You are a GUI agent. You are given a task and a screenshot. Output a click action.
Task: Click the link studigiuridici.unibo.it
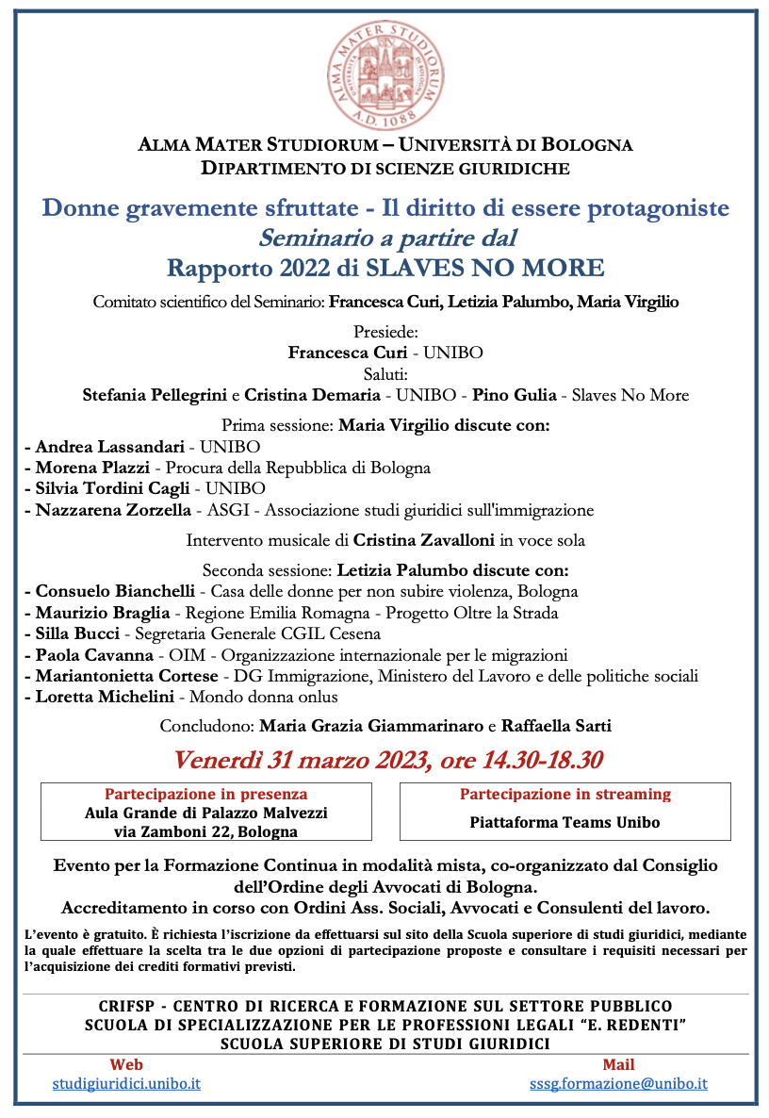[126, 1083]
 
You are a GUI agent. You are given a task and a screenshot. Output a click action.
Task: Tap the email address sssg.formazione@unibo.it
[618, 1083]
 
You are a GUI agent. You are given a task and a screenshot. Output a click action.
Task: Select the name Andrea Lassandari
[110, 446]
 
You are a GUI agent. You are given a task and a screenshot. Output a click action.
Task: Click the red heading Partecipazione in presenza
[205, 794]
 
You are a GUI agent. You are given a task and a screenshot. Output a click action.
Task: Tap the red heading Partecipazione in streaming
[564, 794]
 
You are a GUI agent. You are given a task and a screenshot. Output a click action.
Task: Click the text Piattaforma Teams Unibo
[564, 822]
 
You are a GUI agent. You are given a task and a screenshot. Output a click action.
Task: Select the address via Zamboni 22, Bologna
[205, 831]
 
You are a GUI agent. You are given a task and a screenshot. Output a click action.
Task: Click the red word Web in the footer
[126, 1064]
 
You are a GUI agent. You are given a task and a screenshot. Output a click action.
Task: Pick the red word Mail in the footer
[618, 1064]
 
